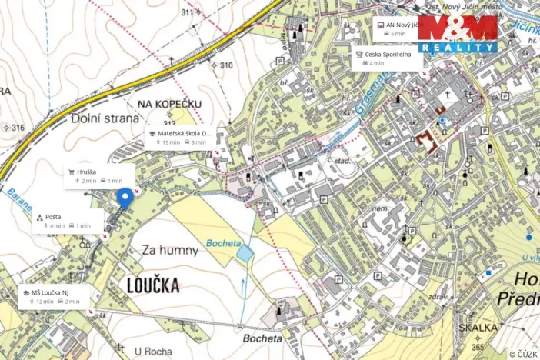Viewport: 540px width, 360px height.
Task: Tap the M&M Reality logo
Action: point(458,34)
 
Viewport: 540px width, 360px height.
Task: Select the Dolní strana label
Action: point(105,118)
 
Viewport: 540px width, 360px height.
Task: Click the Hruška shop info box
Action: point(99,175)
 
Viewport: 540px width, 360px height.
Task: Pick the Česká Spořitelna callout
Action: point(387,58)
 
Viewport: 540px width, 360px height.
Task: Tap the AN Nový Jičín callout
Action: point(399,28)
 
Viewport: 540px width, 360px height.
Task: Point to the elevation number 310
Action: point(225,65)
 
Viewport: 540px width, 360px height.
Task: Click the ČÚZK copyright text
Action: point(522,354)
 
